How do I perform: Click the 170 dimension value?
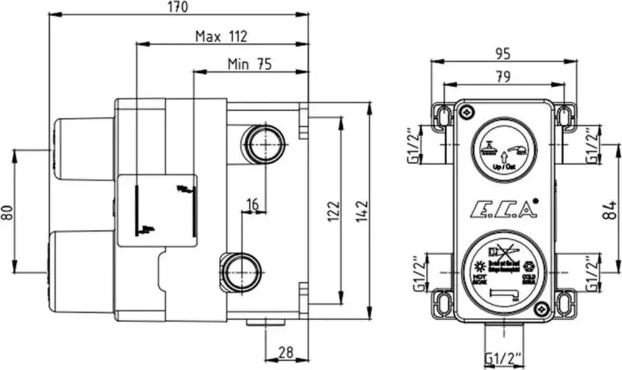click(x=179, y=7)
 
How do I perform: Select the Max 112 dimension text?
click(x=221, y=36)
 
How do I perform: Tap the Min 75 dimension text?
click(x=249, y=63)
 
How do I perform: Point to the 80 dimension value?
click(x=7, y=212)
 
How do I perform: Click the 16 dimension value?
click(x=252, y=203)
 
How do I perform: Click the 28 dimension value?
click(x=285, y=353)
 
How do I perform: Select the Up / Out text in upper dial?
click(x=503, y=167)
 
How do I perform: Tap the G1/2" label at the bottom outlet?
click(x=503, y=359)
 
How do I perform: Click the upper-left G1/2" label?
click(x=412, y=146)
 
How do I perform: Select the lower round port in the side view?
click(x=239, y=272)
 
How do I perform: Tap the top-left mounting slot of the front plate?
click(x=443, y=115)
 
